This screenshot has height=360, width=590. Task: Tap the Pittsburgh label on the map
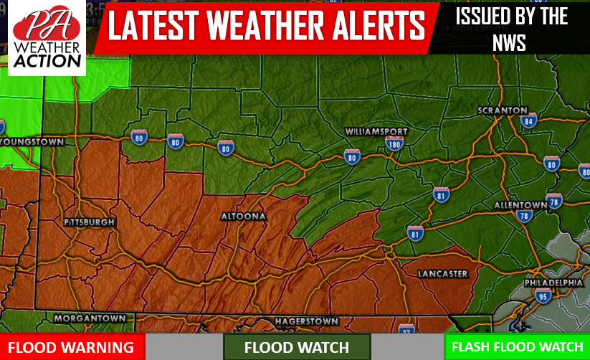point(89,223)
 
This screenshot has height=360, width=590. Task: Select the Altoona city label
point(244,216)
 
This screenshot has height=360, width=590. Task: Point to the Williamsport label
point(376,132)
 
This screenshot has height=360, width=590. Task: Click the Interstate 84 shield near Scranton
point(529,120)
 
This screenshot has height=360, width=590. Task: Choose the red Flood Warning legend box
point(72,347)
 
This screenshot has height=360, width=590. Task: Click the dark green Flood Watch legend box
point(297,347)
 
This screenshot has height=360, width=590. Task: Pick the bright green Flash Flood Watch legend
point(517,347)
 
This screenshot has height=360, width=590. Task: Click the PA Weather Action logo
point(47,38)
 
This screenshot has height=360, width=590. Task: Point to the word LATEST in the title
point(159,27)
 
